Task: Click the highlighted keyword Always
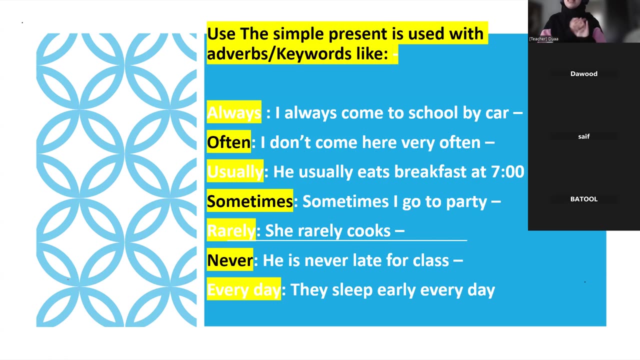(x=233, y=112)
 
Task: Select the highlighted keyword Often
(x=228, y=142)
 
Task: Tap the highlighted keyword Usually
(x=234, y=172)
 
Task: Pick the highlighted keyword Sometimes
(x=249, y=201)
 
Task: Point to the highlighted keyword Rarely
(x=231, y=230)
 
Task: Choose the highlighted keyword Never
(x=230, y=260)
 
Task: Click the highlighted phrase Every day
(x=243, y=289)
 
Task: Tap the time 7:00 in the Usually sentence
(x=507, y=172)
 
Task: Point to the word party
(x=465, y=201)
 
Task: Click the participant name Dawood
(x=583, y=74)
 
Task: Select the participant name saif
(x=583, y=136)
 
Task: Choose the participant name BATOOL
(x=583, y=199)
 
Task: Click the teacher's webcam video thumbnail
(x=583, y=21)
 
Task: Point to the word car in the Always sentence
(x=497, y=113)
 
